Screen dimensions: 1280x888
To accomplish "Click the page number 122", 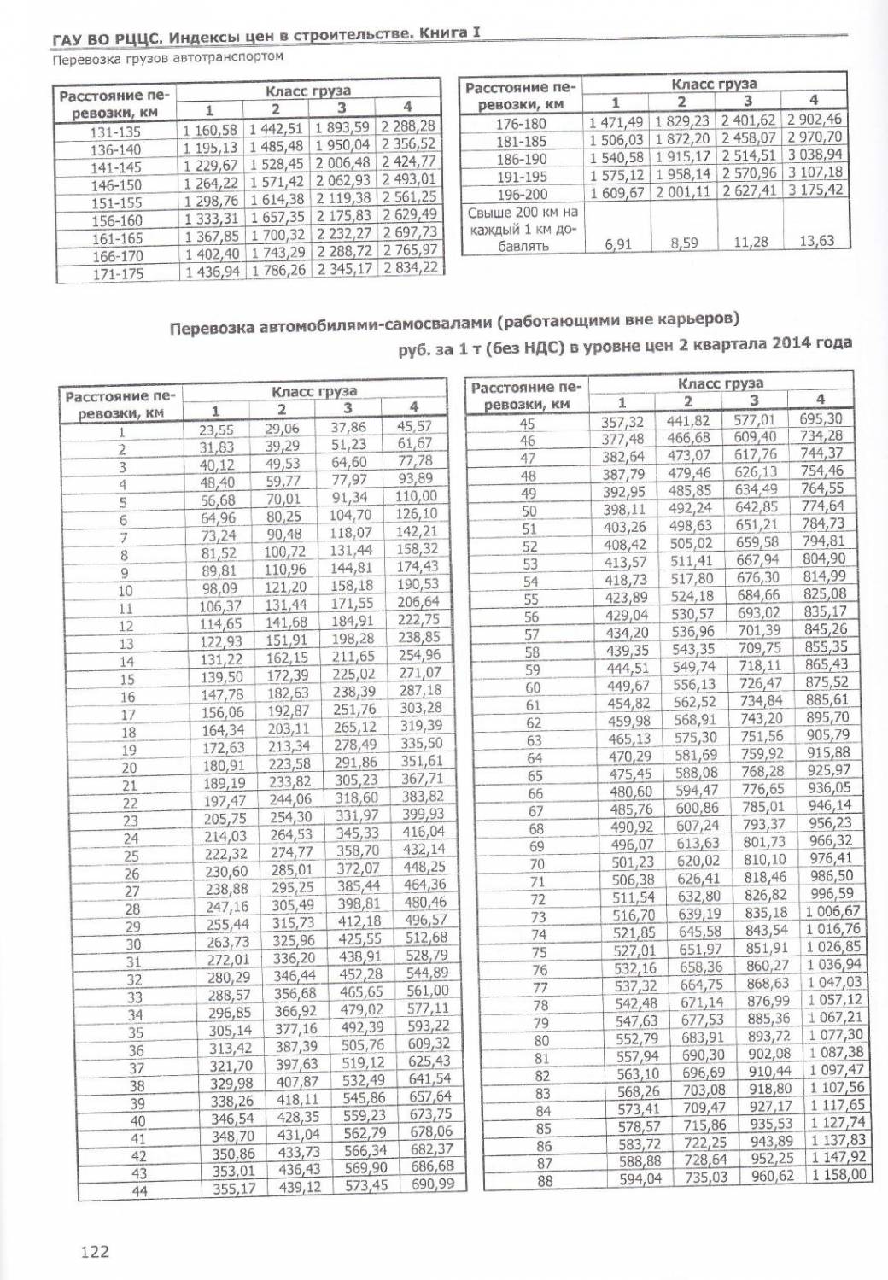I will click(x=95, y=1252).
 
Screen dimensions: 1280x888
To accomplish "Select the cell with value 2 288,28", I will click(x=408, y=126).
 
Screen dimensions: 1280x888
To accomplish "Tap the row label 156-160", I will click(x=116, y=220).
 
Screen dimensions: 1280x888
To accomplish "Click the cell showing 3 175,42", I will click(x=815, y=189).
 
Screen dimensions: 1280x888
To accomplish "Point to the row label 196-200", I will click(x=522, y=194).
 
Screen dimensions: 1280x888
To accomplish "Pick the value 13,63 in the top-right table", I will click(x=815, y=241).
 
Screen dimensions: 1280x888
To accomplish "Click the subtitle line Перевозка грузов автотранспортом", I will click(x=166, y=59).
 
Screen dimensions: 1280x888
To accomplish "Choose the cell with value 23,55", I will click(x=216, y=430).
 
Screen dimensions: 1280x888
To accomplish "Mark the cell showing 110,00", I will click(x=416, y=496).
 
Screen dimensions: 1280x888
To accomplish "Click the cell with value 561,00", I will click(x=428, y=991).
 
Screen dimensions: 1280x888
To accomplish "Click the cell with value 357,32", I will click(x=624, y=422).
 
